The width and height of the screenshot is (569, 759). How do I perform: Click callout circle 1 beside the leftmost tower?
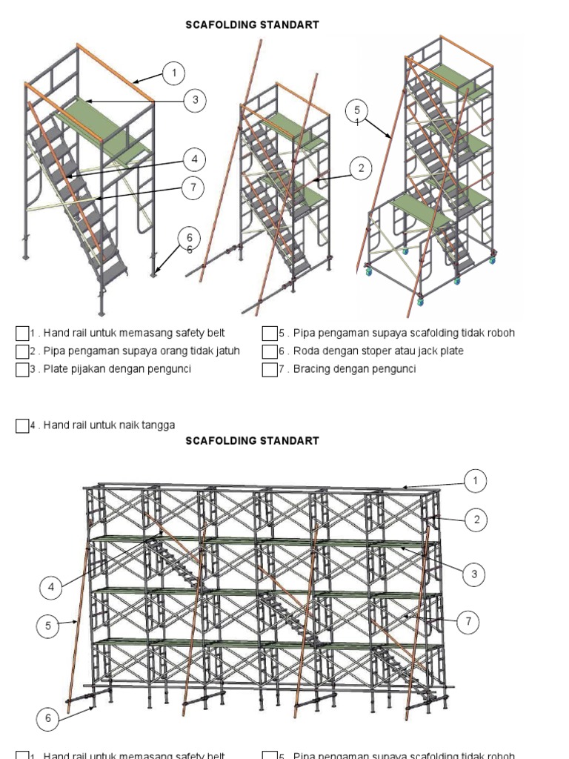coord(174,73)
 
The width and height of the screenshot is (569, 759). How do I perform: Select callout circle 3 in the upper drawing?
coord(195,100)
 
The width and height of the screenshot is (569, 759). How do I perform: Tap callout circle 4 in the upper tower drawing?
coord(194,159)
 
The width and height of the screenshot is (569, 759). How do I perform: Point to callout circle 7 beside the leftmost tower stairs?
coord(193,188)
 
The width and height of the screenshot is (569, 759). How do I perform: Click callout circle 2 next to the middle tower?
coord(361,169)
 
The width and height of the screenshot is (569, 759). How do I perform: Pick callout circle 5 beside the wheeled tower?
coord(357,112)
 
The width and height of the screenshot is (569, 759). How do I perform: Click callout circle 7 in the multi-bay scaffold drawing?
coord(468,622)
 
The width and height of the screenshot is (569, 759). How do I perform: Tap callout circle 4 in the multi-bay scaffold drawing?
coord(51,588)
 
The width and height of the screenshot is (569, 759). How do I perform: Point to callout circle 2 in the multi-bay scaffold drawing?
coord(476,520)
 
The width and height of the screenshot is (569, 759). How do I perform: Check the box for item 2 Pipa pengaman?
coord(22,351)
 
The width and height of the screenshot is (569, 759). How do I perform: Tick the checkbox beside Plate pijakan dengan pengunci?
coord(22,369)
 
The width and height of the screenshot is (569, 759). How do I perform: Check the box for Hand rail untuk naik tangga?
coord(22,425)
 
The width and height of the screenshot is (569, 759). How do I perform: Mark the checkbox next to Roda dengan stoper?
coord(269,351)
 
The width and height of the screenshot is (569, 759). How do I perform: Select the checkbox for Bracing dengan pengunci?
coord(269,369)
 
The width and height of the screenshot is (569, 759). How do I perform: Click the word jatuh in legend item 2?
coord(226,351)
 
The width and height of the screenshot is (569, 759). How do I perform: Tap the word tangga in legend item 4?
coord(159,425)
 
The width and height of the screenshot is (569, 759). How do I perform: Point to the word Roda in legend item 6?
coord(305,351)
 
